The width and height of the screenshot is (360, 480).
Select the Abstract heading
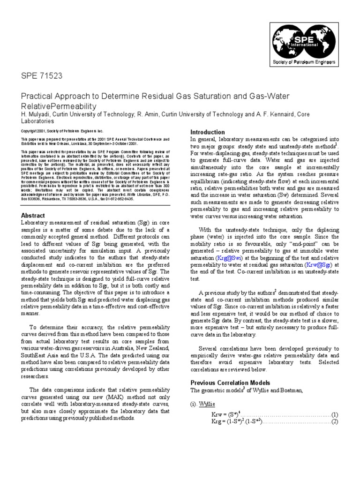pos(33,215)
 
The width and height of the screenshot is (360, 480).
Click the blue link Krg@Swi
pos(229,257)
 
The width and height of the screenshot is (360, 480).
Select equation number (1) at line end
pos(335,414)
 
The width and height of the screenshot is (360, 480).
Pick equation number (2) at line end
pos(335,422)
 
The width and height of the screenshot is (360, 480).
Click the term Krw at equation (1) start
pos(217,414)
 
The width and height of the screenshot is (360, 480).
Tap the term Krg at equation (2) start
pos(217,422)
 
